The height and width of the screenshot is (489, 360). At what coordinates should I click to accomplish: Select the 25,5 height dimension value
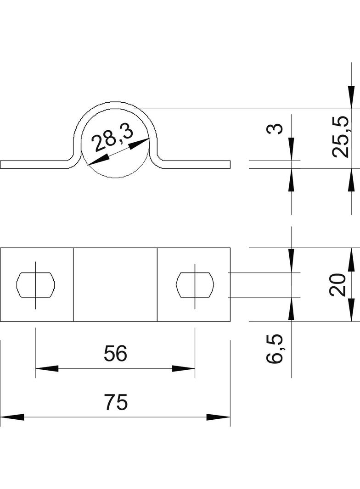pos(341,137)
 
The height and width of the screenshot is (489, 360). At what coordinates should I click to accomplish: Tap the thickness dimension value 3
pos(275,128)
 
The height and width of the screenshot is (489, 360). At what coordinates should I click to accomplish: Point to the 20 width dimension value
pos(337,284)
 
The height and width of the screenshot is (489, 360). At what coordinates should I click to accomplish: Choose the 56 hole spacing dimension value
pos(115,354)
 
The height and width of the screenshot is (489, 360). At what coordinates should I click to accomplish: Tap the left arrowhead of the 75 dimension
pos(11,417)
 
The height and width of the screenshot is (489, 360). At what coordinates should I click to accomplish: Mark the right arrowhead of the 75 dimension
pos(218,417)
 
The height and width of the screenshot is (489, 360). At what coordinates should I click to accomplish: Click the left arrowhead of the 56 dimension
pos(47,368)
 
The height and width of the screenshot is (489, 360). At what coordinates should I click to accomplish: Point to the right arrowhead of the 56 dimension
pos(184,368)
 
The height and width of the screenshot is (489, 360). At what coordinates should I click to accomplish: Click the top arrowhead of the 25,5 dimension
pos(351,97)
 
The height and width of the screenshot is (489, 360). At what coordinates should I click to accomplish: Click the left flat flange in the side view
pos(34,165)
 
